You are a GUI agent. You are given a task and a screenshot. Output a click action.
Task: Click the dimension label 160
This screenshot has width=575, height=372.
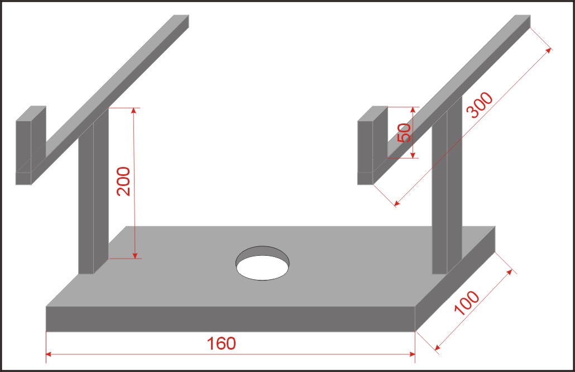pos(221,344)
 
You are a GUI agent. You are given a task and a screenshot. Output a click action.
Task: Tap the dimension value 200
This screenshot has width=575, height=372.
pos(123,181)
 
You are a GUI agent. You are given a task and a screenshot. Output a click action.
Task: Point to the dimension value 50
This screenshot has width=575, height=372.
pos(404,132)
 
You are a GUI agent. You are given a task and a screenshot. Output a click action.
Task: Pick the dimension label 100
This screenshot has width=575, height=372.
pos(467,303)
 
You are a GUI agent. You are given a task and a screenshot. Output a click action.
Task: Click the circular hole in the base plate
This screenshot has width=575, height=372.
pos(262,264)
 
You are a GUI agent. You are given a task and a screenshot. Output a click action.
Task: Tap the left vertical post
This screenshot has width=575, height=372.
pos(94,191)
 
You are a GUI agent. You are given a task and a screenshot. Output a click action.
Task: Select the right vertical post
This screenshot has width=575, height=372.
pos(447,185)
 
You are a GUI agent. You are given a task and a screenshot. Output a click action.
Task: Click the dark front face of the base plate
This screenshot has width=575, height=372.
pos(231,319)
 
